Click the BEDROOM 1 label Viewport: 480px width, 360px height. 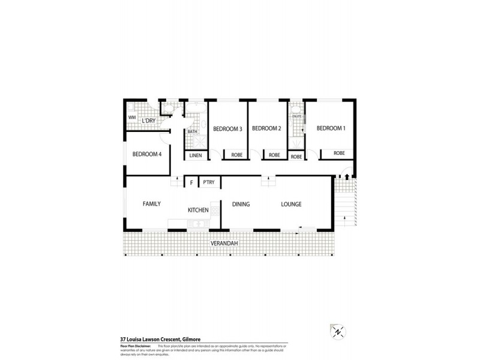[x=331, y=128]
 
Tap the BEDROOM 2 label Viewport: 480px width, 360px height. [x=266, y=128]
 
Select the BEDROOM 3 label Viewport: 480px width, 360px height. [x=227, y=128]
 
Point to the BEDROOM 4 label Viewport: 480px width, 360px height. [x=147, y=154]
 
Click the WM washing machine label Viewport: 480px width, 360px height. [x=132, y=118]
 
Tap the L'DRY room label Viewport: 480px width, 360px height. [x=149, y=122]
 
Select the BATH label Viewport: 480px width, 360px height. [x=193, y=131]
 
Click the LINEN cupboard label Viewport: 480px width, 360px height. [x=196, y=156]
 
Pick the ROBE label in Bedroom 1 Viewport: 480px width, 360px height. [x=339, y=154]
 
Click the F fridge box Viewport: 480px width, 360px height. [x=191, y=182]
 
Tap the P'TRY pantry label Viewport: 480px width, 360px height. [x=209, y=182]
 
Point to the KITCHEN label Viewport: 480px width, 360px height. [x=198, y=210]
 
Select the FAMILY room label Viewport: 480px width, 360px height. [x=151, y=204]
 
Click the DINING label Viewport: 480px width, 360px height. [x=241, y=204]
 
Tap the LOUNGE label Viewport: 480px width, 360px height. [x=291, y=204]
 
